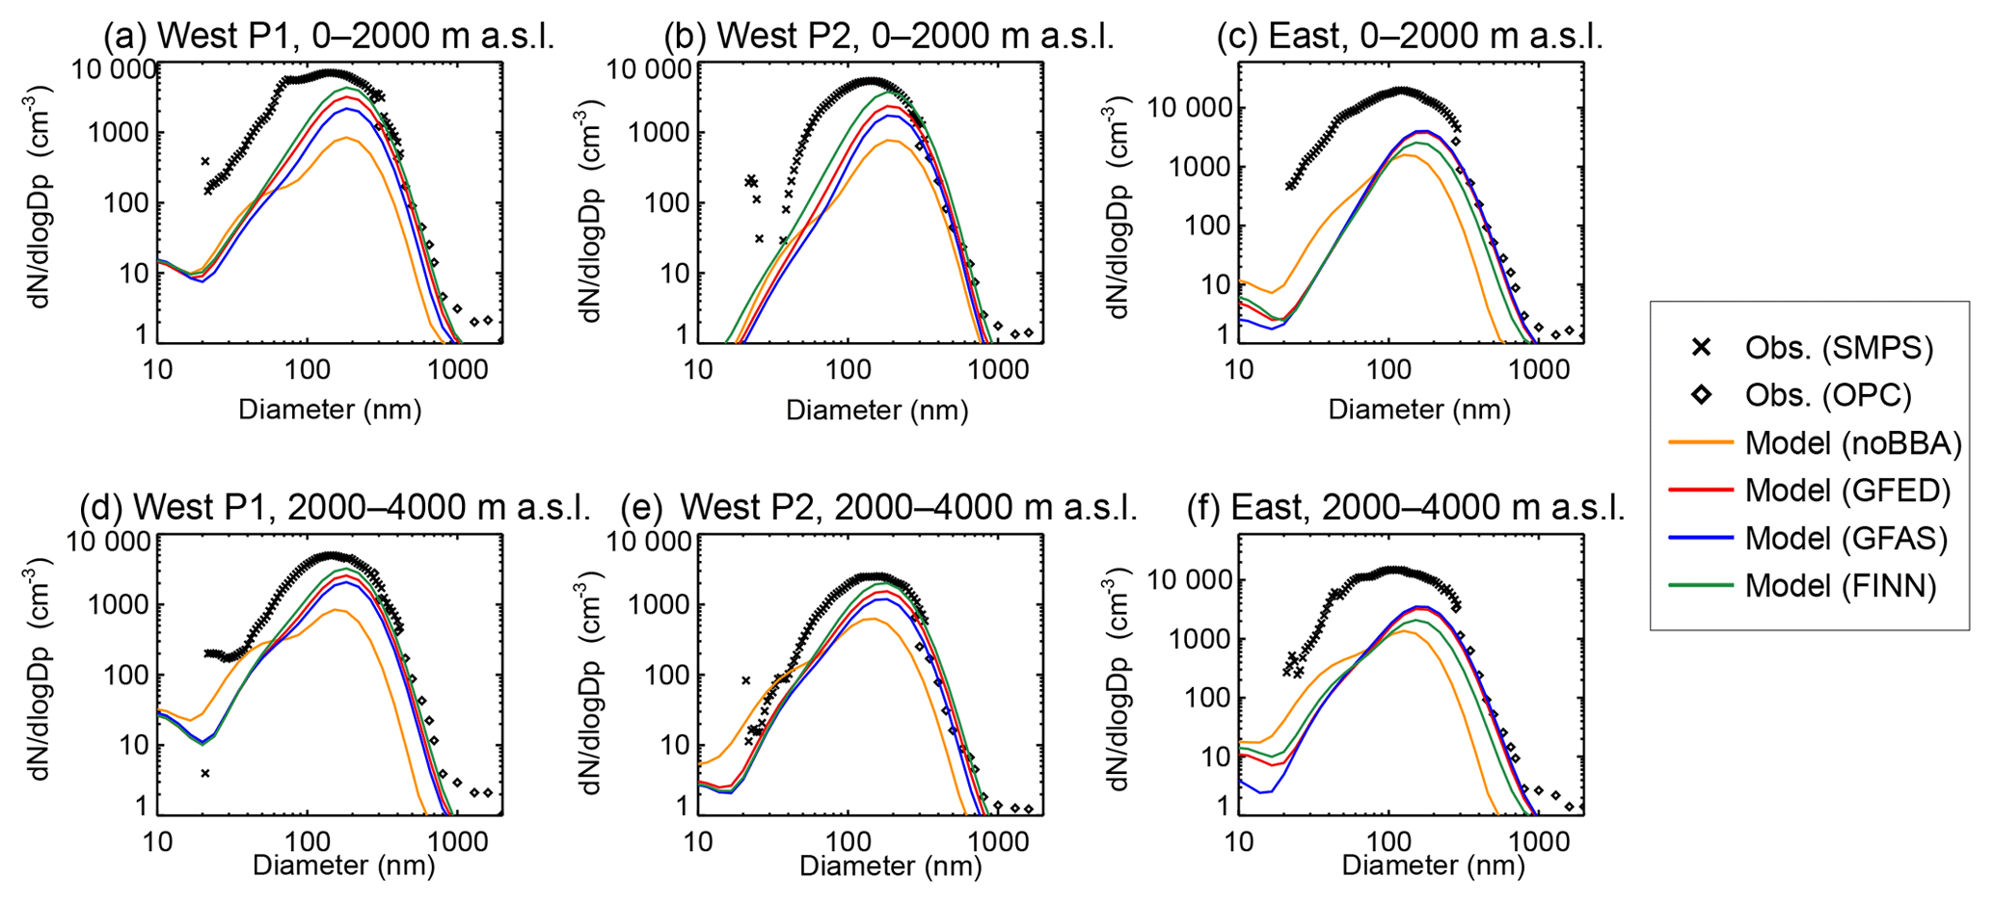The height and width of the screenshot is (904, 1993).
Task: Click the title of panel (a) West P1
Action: point(329,37)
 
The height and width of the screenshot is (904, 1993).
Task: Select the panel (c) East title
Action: point(1410,37)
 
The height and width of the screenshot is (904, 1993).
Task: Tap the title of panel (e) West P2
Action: point(878,508)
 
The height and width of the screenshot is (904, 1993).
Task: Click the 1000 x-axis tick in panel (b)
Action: point(998,370)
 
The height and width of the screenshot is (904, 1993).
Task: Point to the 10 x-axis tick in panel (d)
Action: point(157,841)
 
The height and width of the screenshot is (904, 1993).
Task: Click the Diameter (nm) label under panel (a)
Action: point(330,410)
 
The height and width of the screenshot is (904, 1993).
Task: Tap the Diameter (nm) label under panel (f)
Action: point(1433,865)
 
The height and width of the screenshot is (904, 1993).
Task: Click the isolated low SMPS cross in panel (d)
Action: point(205,773)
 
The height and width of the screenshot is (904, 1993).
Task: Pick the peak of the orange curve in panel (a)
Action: point(344,138)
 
